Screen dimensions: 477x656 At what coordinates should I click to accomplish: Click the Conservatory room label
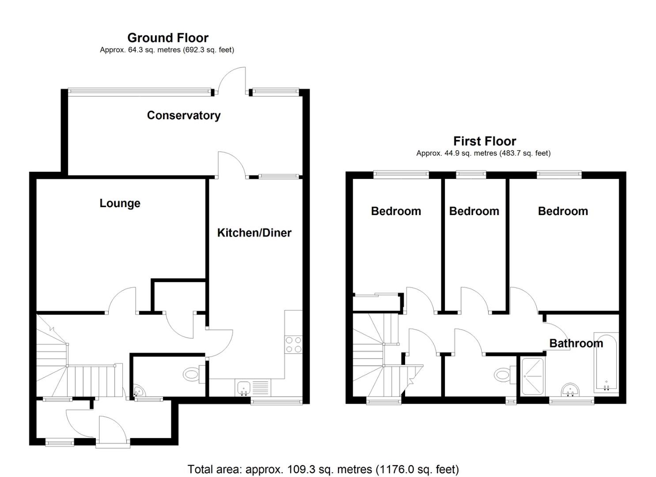click(x=183, y=115)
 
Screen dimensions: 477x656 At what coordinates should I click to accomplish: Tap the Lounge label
click(x=120, y=203)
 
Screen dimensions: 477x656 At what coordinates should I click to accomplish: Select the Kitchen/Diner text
click(x=254, y=233)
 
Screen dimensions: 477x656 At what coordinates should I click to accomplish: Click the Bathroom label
click(x=576, y=343)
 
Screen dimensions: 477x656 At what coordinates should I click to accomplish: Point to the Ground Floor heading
click(x=168, y=38)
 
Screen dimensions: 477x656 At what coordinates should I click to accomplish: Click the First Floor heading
click(x=485, y=141)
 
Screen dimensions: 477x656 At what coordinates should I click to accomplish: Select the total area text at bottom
click(x=323, y=469)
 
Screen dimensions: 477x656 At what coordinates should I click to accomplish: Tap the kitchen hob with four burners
click(x=294, y=344)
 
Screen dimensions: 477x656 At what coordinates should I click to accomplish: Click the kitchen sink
click(x=243, y=388)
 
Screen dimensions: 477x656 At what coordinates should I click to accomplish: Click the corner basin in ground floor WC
click(x=139, y=391)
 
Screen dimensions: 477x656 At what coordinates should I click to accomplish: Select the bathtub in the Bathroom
click(x=606, y=361)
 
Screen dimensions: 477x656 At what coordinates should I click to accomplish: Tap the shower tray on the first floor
click(x=533, y=376)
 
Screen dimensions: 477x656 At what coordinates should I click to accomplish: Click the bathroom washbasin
click(x=570, y=390)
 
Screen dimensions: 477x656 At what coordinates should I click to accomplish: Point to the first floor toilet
click(x=504, y=375)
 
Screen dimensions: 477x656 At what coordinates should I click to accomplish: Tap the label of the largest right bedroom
click(x=563, y=211)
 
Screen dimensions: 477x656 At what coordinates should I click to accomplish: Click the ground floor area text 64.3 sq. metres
click(x=167, y=50)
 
